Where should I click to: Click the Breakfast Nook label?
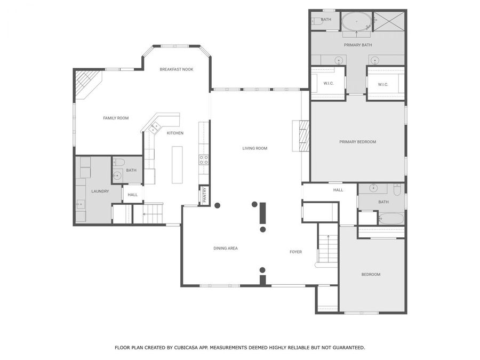coord(177,69)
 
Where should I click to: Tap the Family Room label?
coord(116,118)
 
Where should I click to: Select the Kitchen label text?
coord(175,133)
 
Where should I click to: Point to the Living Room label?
coord(255,148)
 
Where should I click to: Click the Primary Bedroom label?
coord(357,142)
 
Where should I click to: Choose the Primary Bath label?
coord(357,45)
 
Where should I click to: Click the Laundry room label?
coord(100,191)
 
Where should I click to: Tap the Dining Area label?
coord(226,248)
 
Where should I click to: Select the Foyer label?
coord(295,252)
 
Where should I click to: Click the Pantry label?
coord(204,194)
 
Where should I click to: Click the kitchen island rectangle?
coord(177,164)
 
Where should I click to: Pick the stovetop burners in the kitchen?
coord(204,159)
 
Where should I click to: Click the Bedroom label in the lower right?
coord(371,274)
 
